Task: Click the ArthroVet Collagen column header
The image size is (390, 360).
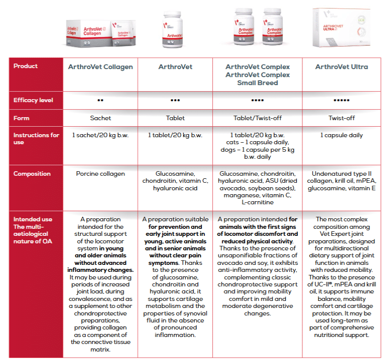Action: tap(101, 67)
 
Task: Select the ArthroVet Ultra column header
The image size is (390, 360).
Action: tap(341, 67)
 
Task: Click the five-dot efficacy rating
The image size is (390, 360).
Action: tap(341, 100)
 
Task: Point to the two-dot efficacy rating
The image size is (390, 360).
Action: tap(101, 100)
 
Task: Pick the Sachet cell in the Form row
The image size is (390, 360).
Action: tap(101, 118)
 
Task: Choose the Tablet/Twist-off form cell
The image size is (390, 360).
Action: tap(257, 118)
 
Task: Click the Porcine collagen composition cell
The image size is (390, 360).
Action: tap(101, 174)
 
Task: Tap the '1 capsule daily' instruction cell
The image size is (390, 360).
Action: tap(341, 135)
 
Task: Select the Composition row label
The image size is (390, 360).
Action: tap(32, 174)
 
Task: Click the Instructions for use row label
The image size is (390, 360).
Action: tap(36, 138)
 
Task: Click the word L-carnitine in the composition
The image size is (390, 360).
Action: tap(258, 203)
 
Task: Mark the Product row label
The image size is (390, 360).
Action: tap(26, 66)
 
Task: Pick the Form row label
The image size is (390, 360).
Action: tap(22, 118)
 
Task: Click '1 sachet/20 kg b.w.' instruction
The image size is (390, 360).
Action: tap(101, 135)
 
